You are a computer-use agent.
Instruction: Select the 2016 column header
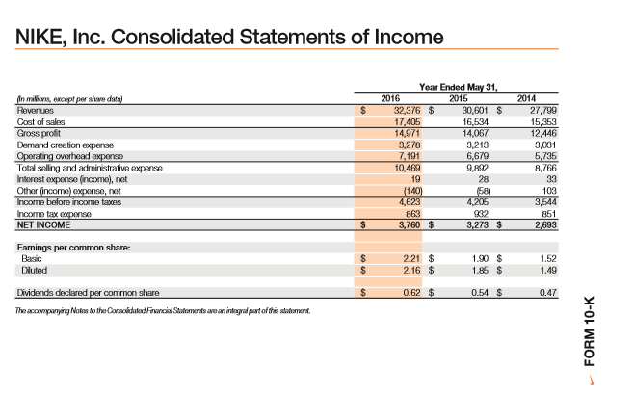[x=390, y=98]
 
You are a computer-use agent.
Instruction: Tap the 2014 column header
[x=527, y=98]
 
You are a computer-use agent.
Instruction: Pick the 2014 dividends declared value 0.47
[x=549, y=291]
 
